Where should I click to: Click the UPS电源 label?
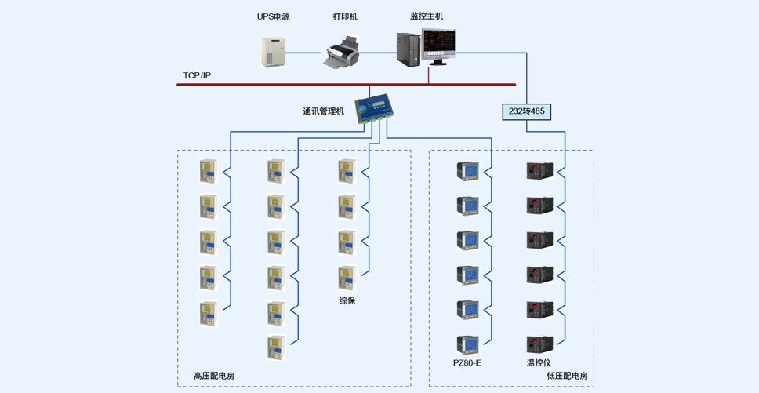click(274, 17)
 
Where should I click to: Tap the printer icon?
click(342, 51)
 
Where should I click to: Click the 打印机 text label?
click(345, 17)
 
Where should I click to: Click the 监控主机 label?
click(427, 16)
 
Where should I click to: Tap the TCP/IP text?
click(197, 75)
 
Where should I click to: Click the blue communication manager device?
click(372, 109)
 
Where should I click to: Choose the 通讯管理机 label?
click(323, 111)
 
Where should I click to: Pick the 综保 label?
click(347, 300)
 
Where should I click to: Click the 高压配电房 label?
click(214, 376)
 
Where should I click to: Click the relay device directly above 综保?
click(347, 278)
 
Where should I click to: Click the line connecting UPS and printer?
click(304, 53)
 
